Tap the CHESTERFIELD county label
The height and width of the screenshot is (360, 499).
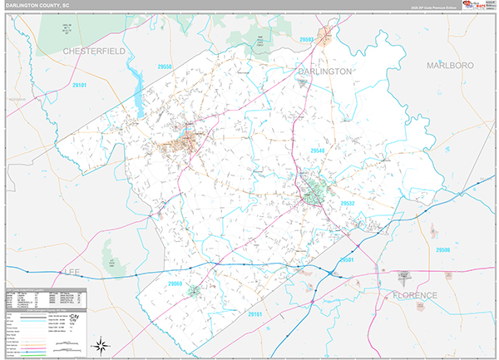tap(94, 52)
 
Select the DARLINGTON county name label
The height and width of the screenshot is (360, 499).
tap(324, 72)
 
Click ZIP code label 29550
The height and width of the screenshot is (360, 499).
tap(164, 67)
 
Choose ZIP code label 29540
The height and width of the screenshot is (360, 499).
tap(319, 150)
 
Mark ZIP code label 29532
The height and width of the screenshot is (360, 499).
tap(347, 202)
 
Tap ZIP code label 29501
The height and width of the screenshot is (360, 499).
tap(346, 260)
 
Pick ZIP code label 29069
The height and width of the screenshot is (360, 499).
tap(175, 284)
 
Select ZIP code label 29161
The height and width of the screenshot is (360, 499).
tap(254, 314)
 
